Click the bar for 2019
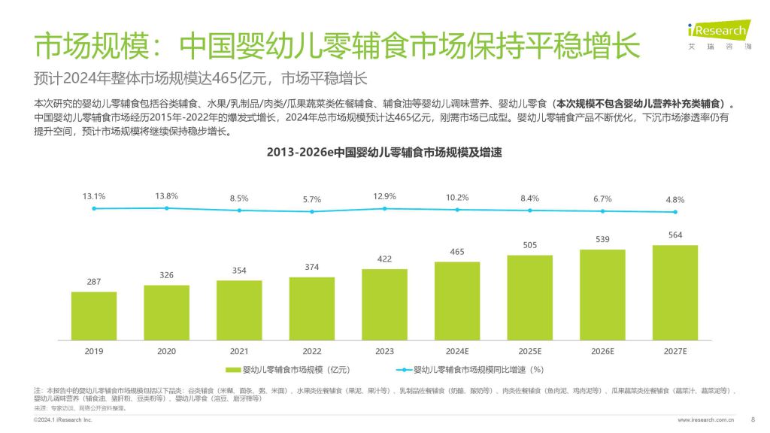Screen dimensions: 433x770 (x=94, y=315)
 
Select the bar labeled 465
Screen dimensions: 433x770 (x=456, y=300)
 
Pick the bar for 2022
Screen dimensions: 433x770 (x=311, y=308)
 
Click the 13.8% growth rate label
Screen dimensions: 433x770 (x=166, y=196)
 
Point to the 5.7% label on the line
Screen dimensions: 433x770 (x=311, y=199)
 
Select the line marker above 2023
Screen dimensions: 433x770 (x=384, y=208)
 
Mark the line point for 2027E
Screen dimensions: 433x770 (x=675, y=212)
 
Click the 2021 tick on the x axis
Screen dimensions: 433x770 (x=239, y=350)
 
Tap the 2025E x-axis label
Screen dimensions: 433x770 (x=529, y=350)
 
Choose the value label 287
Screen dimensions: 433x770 (x=94, y=281)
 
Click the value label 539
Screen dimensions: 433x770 (x=602, y=239)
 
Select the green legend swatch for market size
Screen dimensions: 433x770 (x=233, y=370)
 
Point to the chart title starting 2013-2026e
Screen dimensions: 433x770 (x=384, y=153)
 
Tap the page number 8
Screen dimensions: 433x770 (x=753, y=419)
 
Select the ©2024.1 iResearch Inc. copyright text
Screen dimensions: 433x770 (x=63, y=420)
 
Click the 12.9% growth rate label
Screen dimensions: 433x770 (x=384, y=196)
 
